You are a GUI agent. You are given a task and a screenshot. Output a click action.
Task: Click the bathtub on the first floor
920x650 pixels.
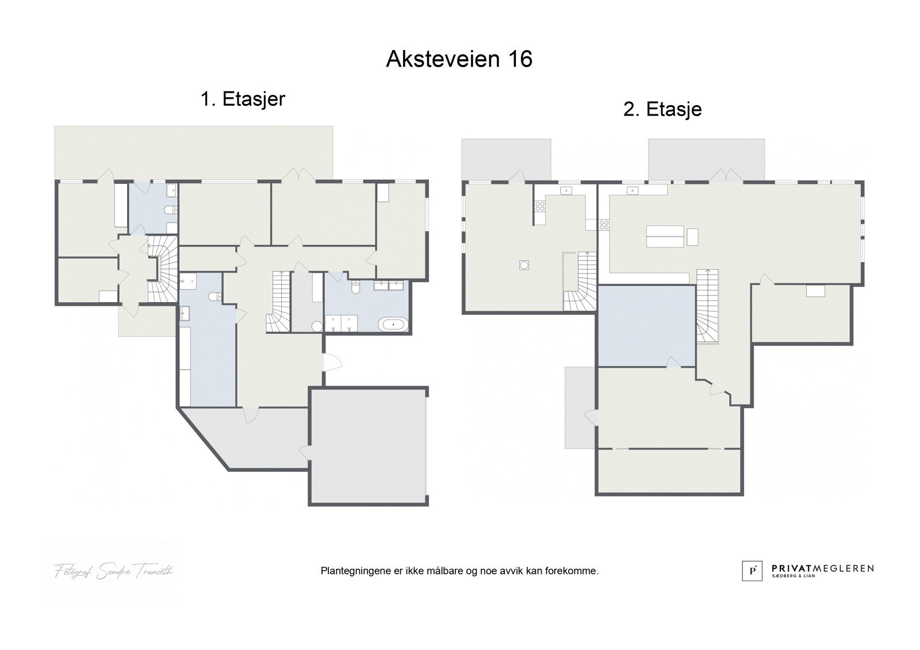click(x=393, y=325)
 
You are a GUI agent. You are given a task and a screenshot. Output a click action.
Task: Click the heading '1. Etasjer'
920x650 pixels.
click(x=242, y=99)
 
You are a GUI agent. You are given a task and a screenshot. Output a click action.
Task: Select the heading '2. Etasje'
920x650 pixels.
click(x=662, y=109)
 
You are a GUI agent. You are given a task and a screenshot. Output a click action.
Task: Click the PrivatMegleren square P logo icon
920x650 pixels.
click(x=752, y=571)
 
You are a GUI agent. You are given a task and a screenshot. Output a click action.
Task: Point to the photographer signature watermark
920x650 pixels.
click(x=113, y=571)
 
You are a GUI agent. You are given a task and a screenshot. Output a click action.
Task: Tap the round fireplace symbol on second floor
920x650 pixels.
click(x=524, y=264)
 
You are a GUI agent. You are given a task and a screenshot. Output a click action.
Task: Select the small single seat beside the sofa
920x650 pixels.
click(x=692, y=236)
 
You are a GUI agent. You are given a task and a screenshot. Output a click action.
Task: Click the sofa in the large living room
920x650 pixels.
click(x=665, y=236)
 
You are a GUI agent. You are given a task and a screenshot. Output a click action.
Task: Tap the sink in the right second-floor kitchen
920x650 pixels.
click(x=632, y=190)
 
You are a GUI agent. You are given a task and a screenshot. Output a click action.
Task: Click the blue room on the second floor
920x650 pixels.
click(x=646, y=325)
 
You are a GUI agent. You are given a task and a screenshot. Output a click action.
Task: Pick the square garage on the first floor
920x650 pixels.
click(x=368, y=446)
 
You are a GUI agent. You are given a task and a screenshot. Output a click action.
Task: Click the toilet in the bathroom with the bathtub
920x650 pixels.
click(x=355, y=287)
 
